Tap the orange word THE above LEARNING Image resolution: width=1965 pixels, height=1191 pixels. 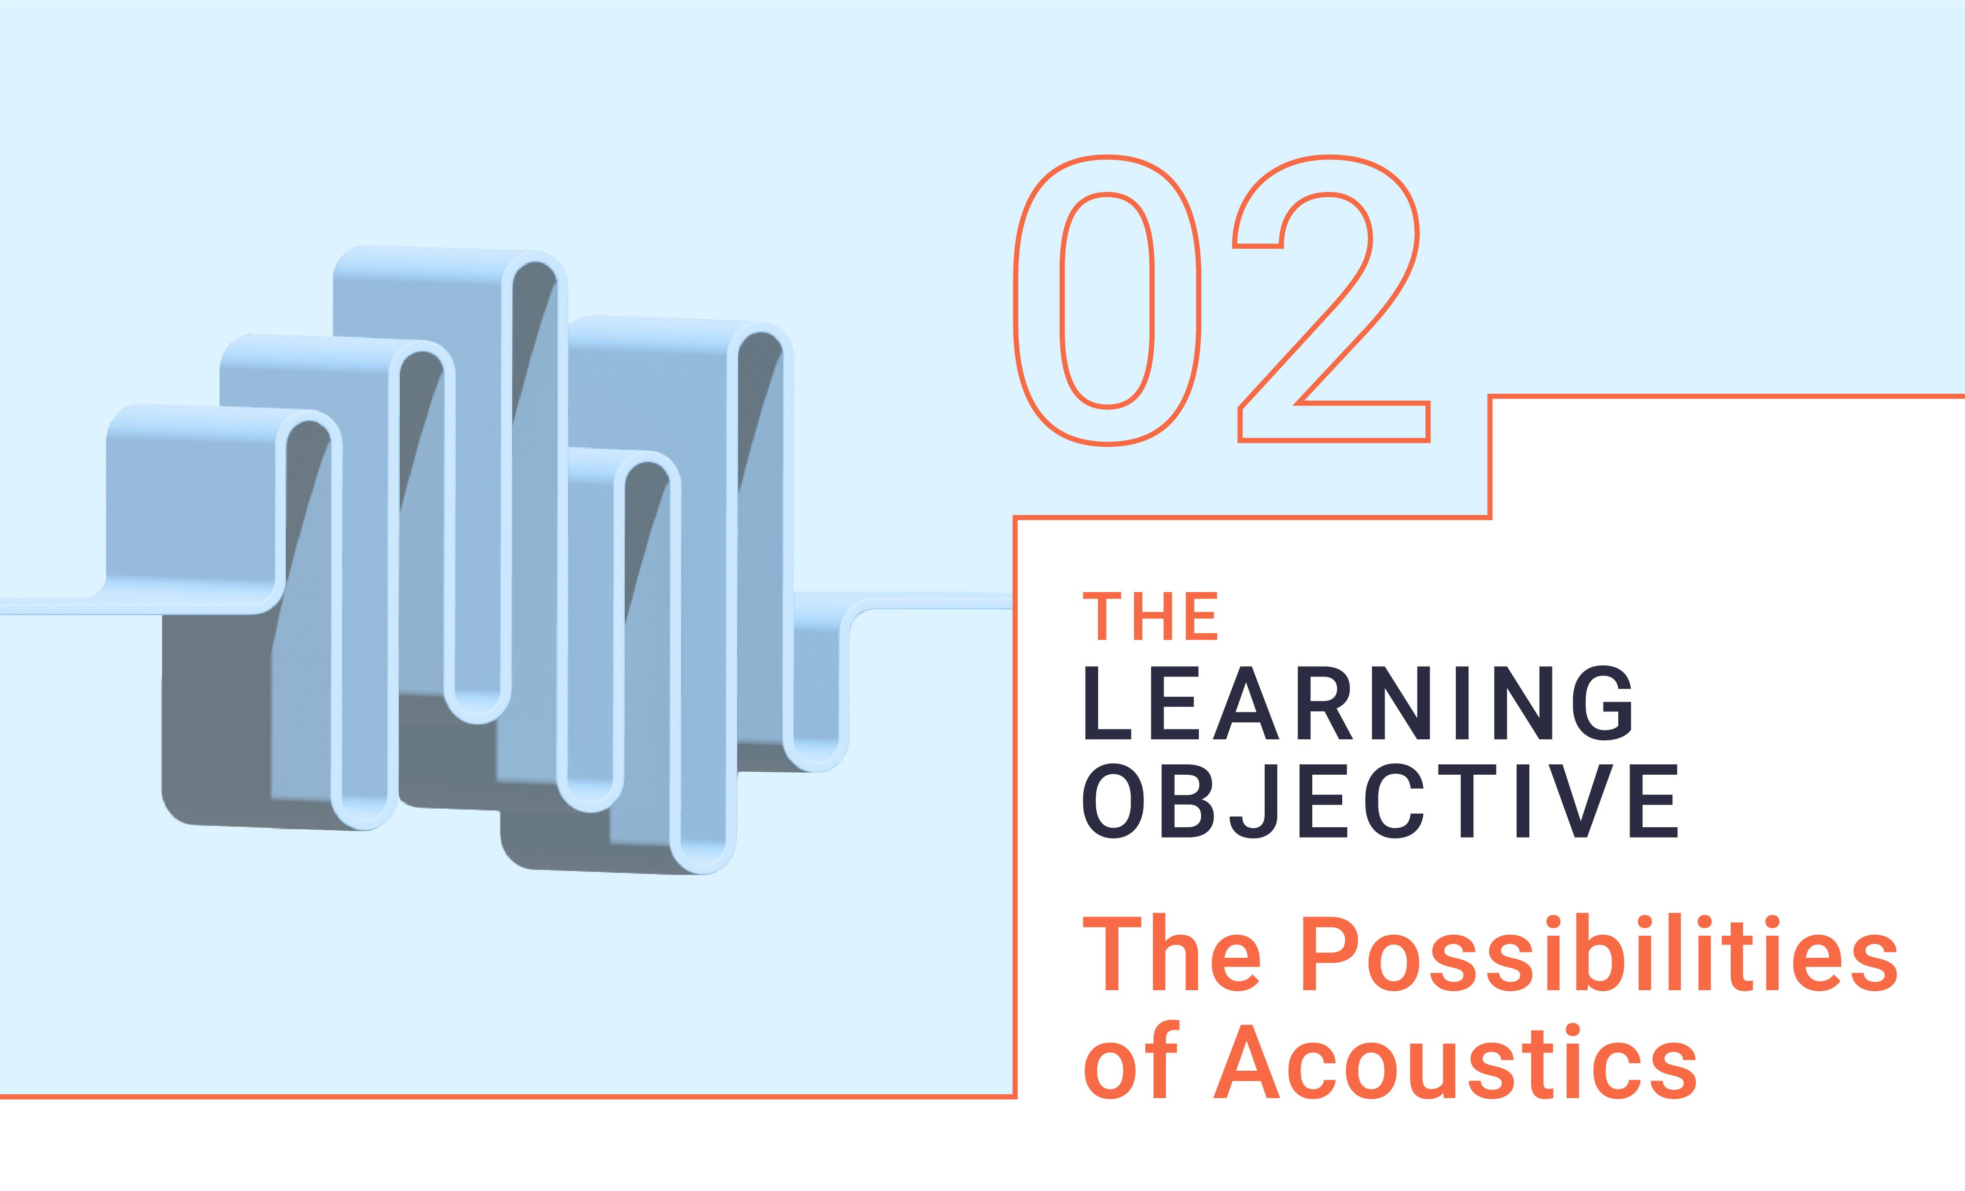1150,616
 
